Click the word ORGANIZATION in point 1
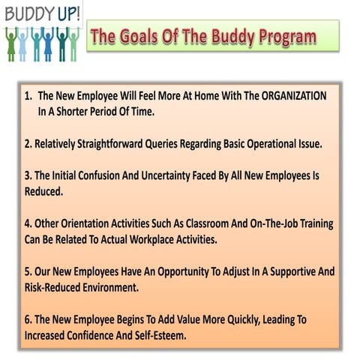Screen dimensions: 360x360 (x=289, y=96)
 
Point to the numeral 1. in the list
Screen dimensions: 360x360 (x=28, y=96)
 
